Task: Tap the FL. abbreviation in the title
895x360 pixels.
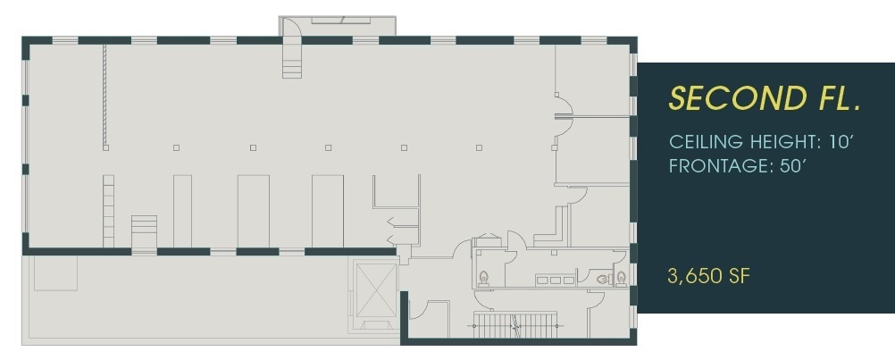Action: tap(828, 98)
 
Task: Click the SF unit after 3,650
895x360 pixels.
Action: tap(738, 276)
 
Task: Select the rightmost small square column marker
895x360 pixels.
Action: tap(480, 147)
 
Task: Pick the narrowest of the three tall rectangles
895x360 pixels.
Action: tap(182, 211)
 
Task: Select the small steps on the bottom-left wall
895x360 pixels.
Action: tap(144, 230)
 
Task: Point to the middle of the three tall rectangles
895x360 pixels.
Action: tap(253, 211)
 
